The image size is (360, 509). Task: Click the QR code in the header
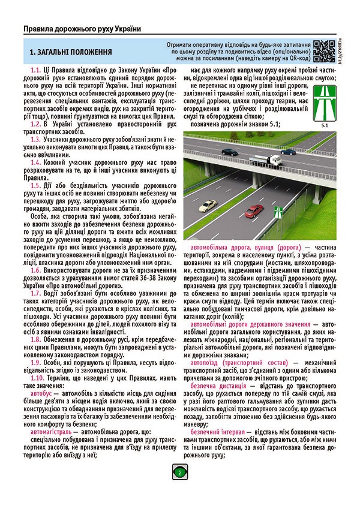click(322, 51)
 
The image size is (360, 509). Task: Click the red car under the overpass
click(255, 210)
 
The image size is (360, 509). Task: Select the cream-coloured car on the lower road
click(208, 205)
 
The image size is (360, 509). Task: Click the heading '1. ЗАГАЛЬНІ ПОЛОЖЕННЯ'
click(71, 53)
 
